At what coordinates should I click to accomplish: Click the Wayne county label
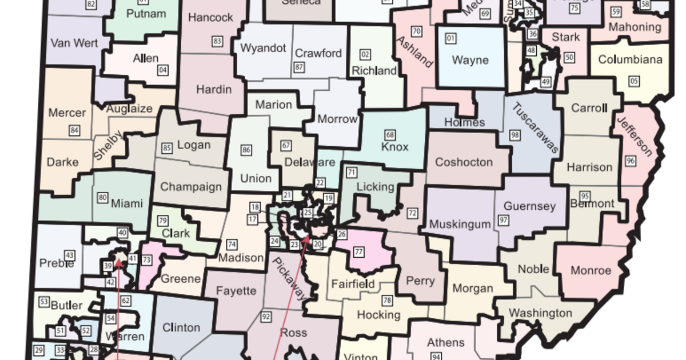pos(470,60)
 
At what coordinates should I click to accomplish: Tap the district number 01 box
pos(451,39)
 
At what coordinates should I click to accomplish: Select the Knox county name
pos(395,147)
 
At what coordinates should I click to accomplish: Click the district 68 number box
pos(390,135)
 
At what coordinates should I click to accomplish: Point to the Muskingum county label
pos(460,223)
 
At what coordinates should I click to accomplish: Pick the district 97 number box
pos(504,220)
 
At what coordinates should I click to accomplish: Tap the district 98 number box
pos(515,135)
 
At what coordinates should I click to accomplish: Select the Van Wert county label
pos(74,43)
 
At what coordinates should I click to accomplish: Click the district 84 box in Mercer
pos(74,130)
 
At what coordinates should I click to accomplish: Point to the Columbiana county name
pos(631,59)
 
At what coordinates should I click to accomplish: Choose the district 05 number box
pos(633,81)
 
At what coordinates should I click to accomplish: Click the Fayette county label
pos(236,291)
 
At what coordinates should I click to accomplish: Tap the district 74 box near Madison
pos(232,245)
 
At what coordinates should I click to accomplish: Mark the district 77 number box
pos(359,251)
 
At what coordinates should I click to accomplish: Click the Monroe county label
pos(591,270)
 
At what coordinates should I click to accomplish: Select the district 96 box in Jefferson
pos(631,161)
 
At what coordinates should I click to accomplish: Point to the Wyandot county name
pos(263,48)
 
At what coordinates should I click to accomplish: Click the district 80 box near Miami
pos(103,198)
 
